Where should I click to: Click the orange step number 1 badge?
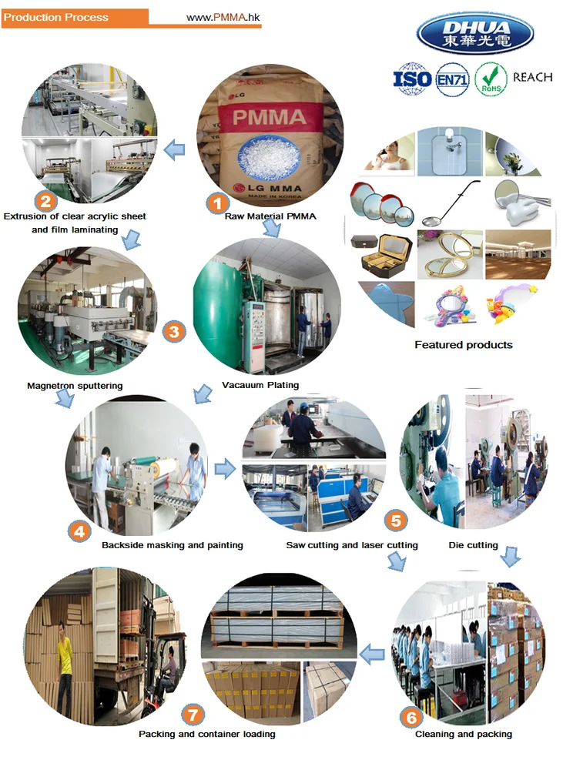tap(217, 204)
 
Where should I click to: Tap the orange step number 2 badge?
tap(45, 203)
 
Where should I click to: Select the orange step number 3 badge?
tap(175, 332)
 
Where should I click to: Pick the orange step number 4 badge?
tap(79, 530)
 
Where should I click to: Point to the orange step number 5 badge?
tap(395, 521)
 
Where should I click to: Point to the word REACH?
tap(532, 78)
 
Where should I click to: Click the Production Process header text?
tap(56, 17)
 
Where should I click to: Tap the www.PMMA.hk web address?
tap(223, 17)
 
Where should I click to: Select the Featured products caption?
tap(463, 344)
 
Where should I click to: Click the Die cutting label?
tap(473, 545)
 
